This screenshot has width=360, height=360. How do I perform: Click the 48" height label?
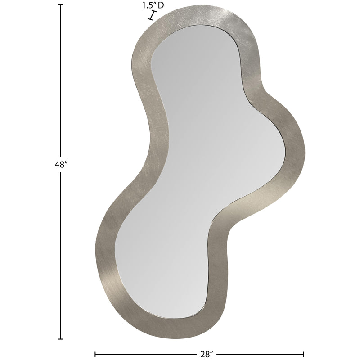pos(61,165)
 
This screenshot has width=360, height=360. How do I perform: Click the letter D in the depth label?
pos(161,5)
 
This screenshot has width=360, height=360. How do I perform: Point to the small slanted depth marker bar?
pos(152,16)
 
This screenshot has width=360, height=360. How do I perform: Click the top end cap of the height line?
pos(61,5)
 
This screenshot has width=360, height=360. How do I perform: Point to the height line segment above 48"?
pos(61,81)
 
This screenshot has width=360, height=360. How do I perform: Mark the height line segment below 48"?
pos(61,252)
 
